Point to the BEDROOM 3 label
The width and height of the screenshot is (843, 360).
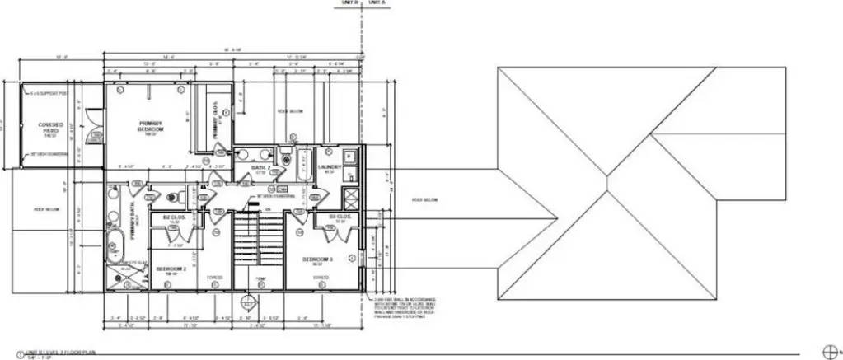click(317, 260)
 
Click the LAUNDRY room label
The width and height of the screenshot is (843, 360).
click(329, 168)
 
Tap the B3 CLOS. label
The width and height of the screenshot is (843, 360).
click(340, 218)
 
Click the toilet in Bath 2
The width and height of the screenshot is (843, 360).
click(285, 156)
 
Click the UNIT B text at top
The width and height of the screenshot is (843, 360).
click(349, 4)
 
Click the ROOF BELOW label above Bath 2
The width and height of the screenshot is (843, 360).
click(290, 110)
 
